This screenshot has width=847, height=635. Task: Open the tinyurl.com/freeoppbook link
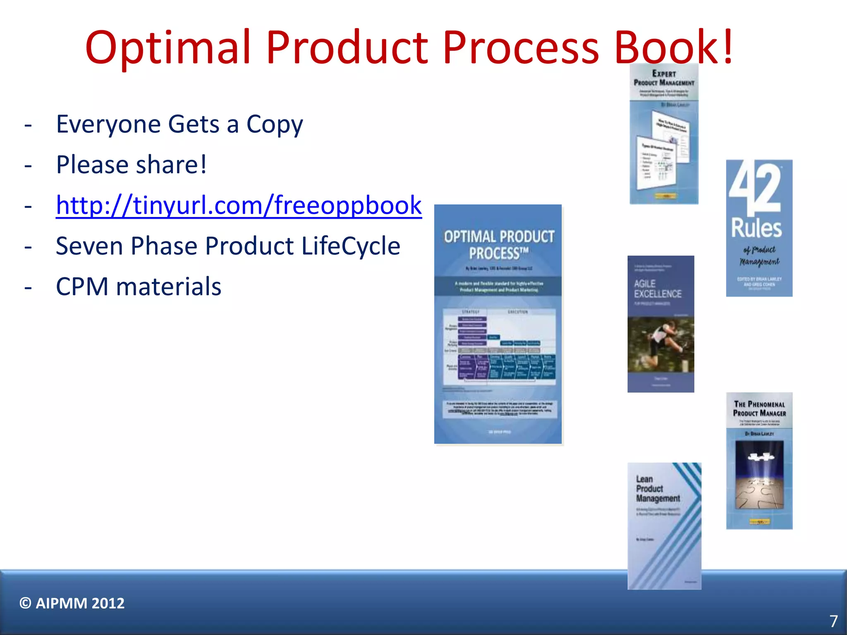point(239,205)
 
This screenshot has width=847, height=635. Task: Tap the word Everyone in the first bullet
point(108,124)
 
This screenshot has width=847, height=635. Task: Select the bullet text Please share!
point(131,165)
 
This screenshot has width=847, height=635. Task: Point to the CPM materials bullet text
point(139,286)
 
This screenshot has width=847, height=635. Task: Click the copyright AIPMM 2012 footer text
point(72,603)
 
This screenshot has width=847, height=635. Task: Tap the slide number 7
point(833,621)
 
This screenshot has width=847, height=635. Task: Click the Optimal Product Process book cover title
point(499,244)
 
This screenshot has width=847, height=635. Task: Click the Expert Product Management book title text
point(664,78)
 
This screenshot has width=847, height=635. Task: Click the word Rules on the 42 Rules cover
point(756,228)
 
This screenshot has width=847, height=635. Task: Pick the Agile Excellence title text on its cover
point(658,289)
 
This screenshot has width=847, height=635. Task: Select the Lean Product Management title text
point(658,489)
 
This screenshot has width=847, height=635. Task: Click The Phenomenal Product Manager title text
point(759,408)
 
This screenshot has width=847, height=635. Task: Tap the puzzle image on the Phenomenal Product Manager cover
point(759,475)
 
